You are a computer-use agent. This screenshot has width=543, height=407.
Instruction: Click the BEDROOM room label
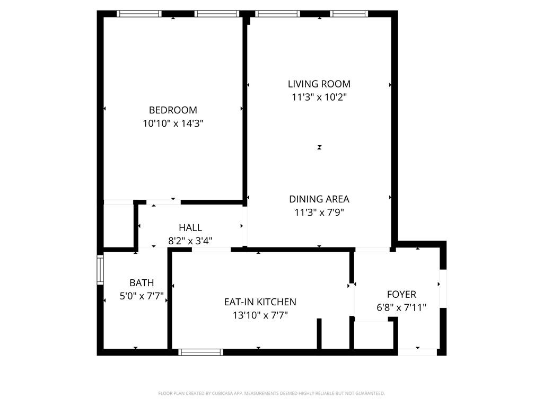[x=173, y=110]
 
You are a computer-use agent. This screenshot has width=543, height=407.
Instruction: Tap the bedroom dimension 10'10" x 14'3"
[x=173, y=123]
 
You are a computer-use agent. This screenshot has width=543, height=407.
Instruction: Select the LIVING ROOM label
[x=319, y=84]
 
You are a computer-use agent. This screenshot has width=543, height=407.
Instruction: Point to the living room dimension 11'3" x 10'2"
[x=319, y=97]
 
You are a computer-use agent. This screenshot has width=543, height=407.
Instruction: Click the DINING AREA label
[x=319, y=199]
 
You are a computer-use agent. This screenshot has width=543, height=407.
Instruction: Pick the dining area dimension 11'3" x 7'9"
[x=319, y=213]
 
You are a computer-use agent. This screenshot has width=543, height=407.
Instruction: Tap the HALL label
[x=190, y=227]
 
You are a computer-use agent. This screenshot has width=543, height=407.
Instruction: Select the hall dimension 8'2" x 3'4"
[x=190, y=241]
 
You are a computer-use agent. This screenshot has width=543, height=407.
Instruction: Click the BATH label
[x=142, y=283]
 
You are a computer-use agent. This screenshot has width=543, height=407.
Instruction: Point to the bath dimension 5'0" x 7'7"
[x=142, y=296]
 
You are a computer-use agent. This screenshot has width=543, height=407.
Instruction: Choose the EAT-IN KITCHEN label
[x=260, y=302]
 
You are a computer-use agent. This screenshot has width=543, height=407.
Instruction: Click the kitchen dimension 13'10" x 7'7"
[x=260, y=315]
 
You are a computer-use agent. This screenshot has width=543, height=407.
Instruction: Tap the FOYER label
[x=401, y=294]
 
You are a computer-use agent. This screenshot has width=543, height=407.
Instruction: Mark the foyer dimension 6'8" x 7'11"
[x=401, y=307]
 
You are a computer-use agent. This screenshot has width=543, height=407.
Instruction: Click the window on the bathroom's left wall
[x=100, y=270]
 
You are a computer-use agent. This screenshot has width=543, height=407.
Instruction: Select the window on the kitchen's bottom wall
[x=201, y=352]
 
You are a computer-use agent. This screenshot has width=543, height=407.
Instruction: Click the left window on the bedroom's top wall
[x=139, y=14]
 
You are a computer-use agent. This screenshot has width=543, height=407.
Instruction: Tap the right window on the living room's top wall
[x=349, y=14]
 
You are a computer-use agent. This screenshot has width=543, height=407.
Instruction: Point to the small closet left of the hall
[x=118, y=225]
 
